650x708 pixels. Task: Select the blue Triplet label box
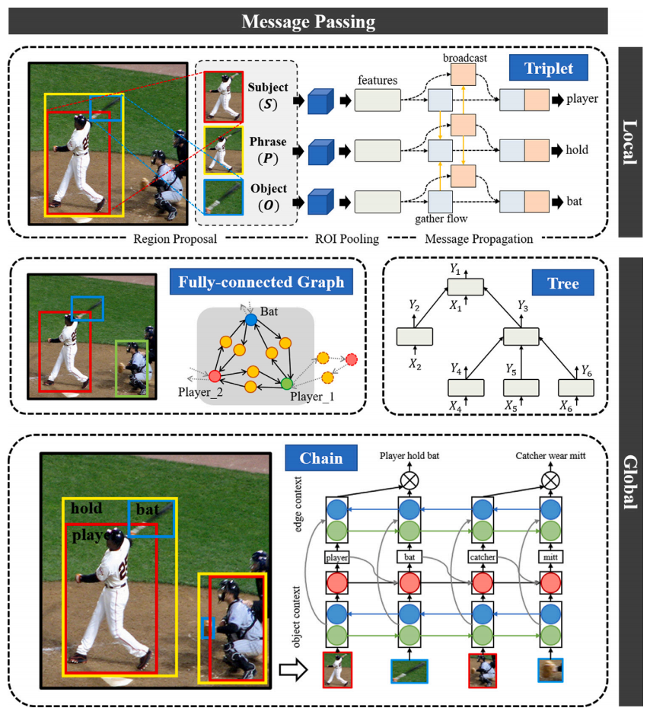click(549, 69)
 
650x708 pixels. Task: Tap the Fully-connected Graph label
click(261, 283)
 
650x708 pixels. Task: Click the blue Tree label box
click(563, 283)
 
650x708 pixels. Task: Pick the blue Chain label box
click(314, 459)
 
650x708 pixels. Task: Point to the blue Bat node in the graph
click(250, 321)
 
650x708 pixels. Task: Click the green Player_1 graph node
click(287, 383)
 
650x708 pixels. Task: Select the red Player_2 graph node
click(215, 376)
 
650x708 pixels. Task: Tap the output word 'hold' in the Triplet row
click(577, 151)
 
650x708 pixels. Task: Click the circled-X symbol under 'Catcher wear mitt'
click(553, 481)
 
